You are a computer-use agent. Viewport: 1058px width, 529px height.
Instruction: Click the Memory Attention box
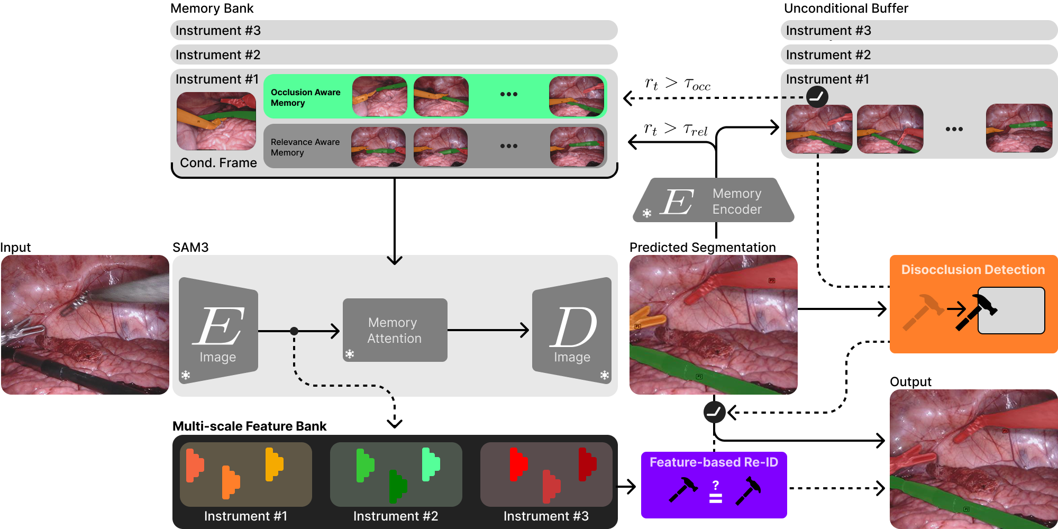click(395, 330)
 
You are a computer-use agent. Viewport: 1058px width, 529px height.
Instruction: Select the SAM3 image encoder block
click(218, 331)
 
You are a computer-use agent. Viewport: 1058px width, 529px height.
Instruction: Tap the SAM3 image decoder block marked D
click(572, 331)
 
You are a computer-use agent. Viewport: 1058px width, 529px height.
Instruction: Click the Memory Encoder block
click(714, 200)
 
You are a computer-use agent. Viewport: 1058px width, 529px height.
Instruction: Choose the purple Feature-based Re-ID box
click(714, 485)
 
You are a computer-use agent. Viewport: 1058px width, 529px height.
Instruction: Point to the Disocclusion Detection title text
click(973, 270)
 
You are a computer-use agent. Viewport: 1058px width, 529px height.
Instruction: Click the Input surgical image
click(85, 325)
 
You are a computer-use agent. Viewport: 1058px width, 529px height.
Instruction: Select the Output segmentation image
click(973, 459)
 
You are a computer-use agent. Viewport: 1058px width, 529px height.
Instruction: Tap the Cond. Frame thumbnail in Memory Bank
click(216, 121)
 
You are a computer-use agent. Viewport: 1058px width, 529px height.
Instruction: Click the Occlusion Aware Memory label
click(305, 97)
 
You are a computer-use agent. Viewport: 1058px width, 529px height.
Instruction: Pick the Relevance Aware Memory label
click(305, 147)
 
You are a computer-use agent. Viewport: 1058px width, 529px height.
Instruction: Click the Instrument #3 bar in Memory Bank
click(394, 31)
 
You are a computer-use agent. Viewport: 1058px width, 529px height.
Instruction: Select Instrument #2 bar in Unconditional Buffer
click(919, 55)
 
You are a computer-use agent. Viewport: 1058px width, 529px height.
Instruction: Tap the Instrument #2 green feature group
click(396, 474)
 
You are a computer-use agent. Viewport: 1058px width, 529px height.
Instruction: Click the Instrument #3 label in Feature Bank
click(546, 516)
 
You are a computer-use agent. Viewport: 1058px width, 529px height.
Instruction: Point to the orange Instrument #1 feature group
click(245, 474)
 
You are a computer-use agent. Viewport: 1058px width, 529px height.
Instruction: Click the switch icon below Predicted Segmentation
click(714, 412)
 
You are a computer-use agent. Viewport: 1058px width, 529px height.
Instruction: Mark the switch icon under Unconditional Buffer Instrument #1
click(817, 97)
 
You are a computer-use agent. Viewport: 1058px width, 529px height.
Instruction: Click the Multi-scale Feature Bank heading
click(249, 426)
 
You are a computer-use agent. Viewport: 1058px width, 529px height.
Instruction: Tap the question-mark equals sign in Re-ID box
click(715, 492)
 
